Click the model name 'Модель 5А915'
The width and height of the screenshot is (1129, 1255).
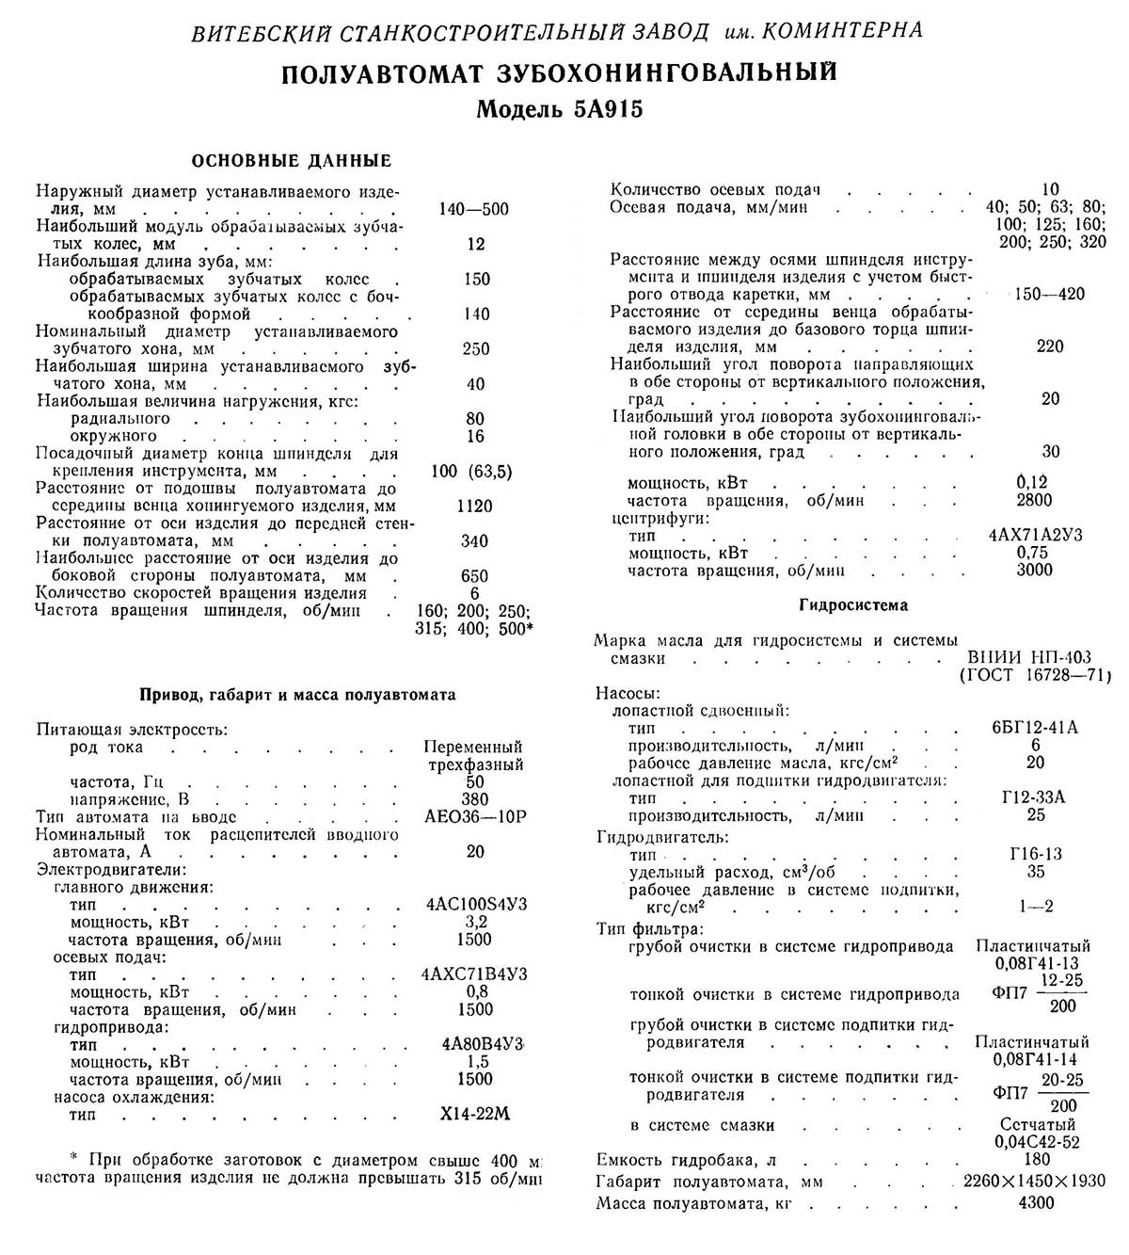(560, 109)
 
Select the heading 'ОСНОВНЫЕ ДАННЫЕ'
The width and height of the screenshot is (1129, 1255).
(292, 161)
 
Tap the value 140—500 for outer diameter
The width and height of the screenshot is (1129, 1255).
(473, 209)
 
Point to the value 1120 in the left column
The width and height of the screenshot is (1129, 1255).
(474, 507)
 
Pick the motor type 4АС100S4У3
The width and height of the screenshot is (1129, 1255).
(476, 905)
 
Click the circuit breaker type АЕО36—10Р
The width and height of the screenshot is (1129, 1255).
(475, 816)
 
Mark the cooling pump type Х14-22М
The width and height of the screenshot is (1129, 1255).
(475, 1115)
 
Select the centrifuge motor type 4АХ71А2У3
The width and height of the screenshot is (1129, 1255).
(1035, 536)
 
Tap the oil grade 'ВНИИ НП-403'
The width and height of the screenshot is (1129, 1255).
(1029, 658)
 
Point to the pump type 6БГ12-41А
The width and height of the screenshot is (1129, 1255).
(1035, 728)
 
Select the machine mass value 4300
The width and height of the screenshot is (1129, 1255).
(1035, 1202)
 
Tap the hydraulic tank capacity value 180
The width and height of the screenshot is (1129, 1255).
(1035, 1160)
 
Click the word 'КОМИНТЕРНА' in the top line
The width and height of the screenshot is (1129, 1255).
(852, 31)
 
